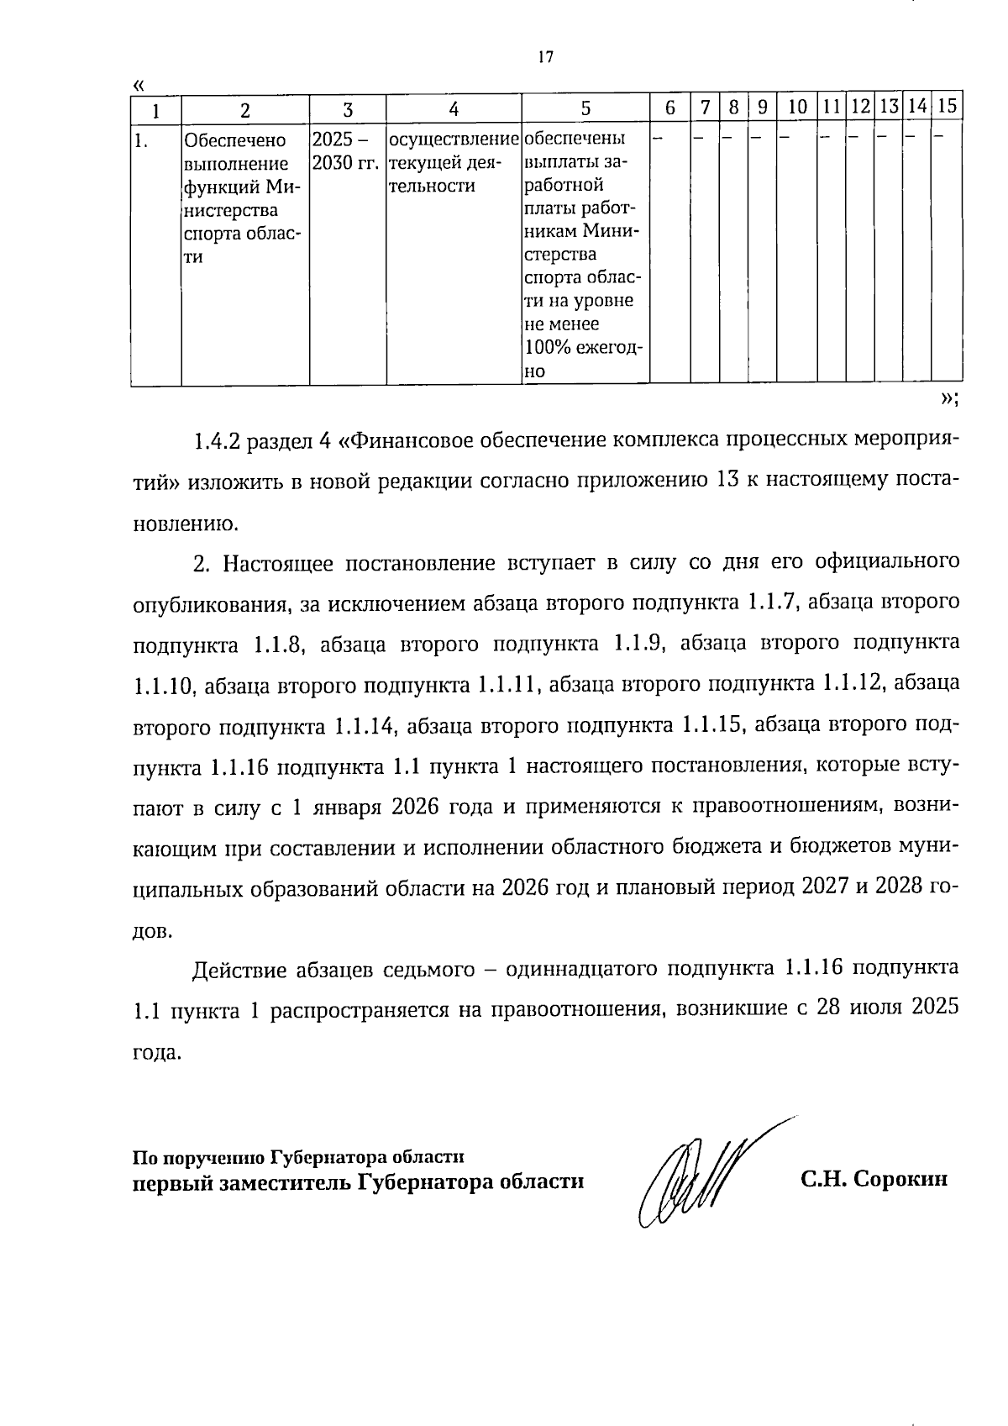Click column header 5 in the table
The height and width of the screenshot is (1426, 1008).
point(585,108)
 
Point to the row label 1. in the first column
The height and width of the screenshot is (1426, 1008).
point(143,140)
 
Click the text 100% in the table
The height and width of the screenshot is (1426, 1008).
point(545,348)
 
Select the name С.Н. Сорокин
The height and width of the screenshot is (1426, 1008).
point(874,1179)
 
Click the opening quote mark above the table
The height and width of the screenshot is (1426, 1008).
point(139,85)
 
